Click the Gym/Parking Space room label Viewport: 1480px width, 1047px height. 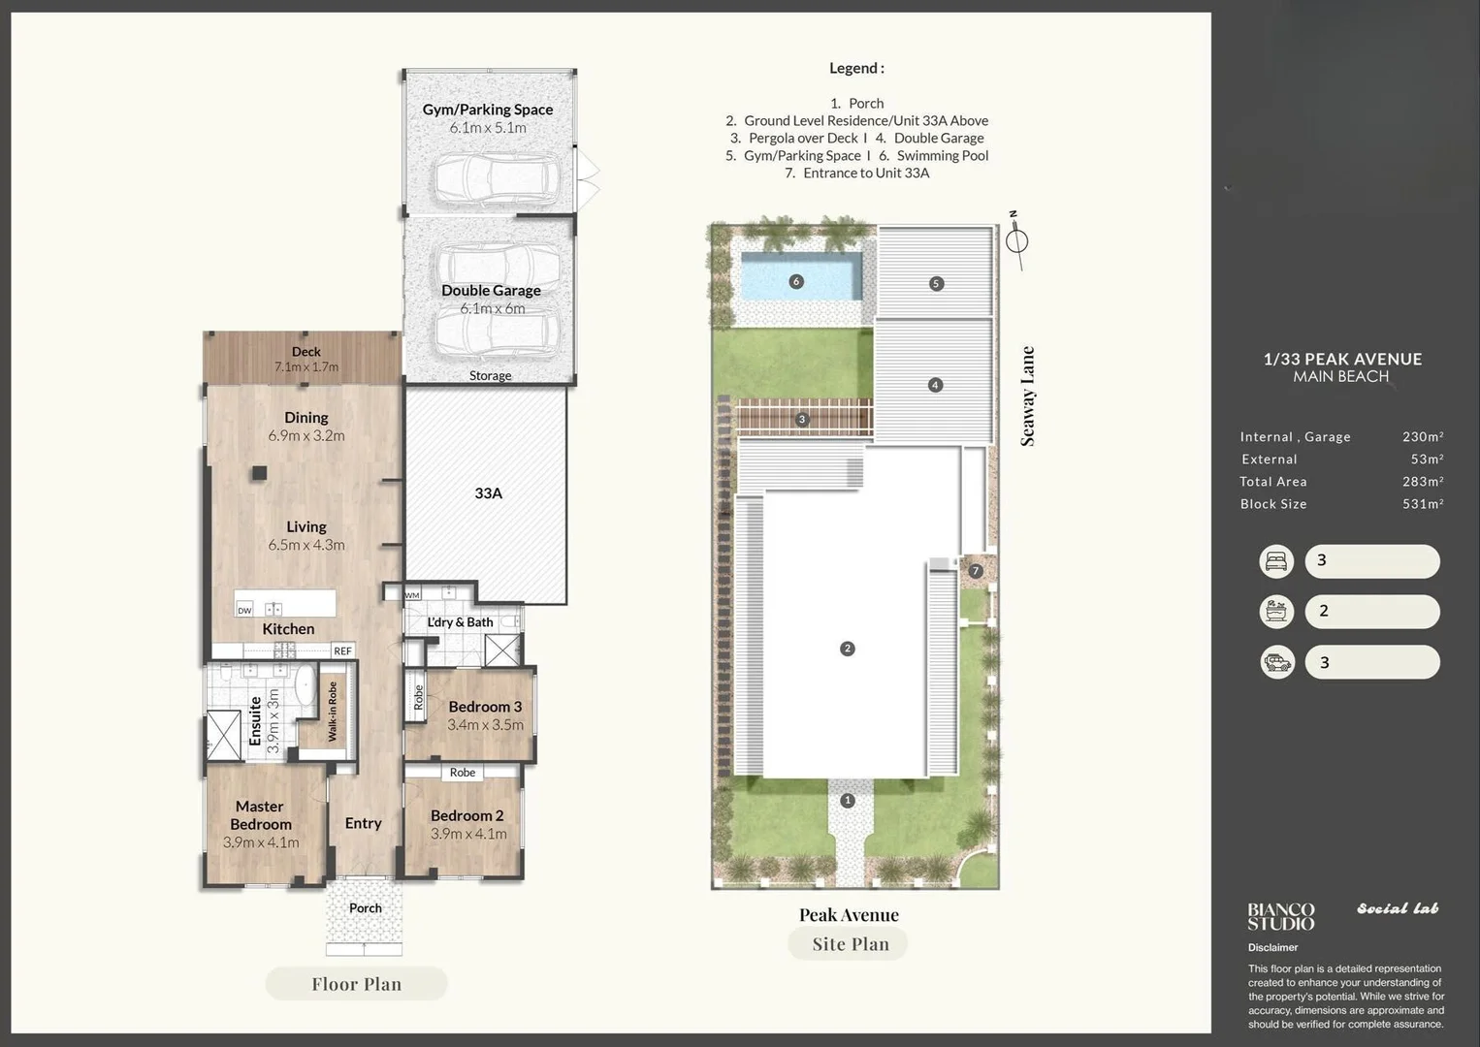[x=487, y=110]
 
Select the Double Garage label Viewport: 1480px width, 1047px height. [x=491, y=290]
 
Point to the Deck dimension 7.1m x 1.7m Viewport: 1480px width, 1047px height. [x=306, y=367]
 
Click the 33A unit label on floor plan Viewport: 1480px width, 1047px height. [x=488, y=493]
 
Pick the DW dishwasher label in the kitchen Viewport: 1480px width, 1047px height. [x=244, y=611]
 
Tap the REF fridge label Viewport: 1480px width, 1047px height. [x=342, y=651]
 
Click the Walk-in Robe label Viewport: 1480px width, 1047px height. [x=333, y=712]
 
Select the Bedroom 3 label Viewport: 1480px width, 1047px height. [x=485, y=707]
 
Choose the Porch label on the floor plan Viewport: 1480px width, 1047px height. [x=365, y=908]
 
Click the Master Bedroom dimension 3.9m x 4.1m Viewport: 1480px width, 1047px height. [x=261, y=842]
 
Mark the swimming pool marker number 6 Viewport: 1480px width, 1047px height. [x=796, y=282]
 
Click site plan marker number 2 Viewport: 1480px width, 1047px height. [x=847, y=649]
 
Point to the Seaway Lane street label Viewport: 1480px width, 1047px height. [x=1028, y=397]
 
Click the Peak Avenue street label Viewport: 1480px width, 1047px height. [x=849, y=915]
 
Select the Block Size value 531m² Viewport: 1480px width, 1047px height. [x=1422, y=504]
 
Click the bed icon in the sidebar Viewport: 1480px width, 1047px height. [x=1276, y=561]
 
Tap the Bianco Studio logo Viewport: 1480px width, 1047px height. [x=1280, y=916]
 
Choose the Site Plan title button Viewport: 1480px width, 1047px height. [x=850, y=944]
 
